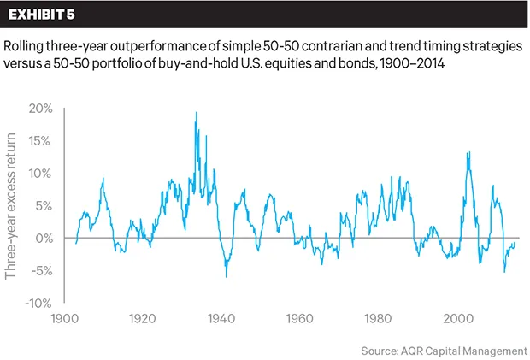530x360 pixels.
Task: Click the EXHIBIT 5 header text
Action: (x=44, y=15)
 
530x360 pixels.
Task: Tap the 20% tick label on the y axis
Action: (x=40, y=109)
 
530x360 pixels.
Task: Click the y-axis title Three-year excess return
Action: (x=12, y=206)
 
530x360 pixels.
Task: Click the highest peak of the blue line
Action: (x=197, y=113)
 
